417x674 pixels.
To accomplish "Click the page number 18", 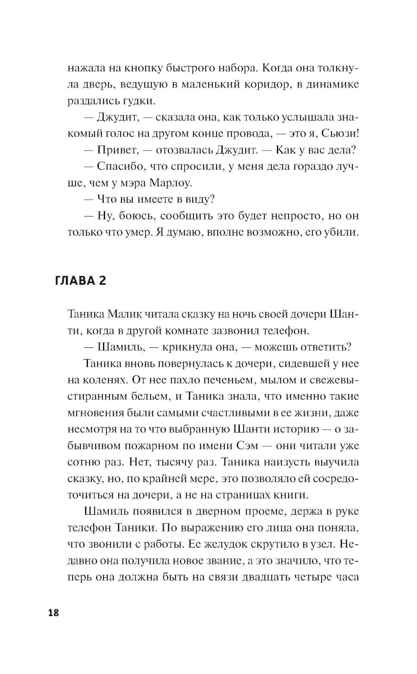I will [x=54, y=613].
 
